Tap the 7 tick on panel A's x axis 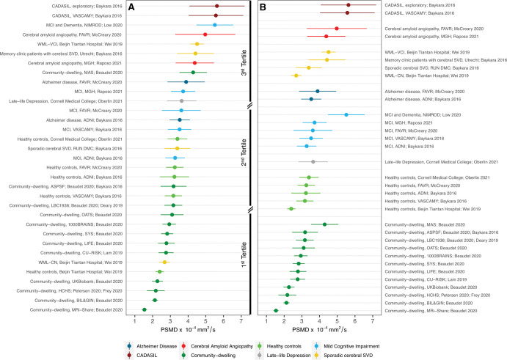click(x=241, y=320)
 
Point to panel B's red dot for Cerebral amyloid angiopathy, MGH click(x=326, y=36)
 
